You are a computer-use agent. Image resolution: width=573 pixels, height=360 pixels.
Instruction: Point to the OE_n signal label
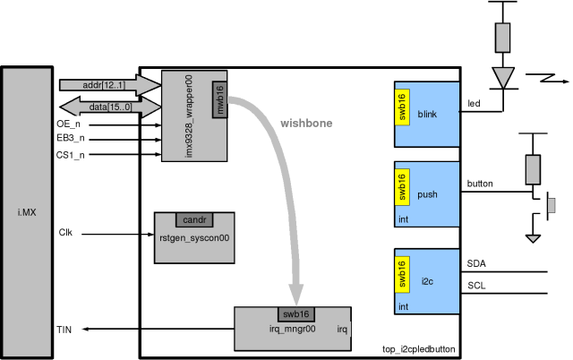(x=69, y=124)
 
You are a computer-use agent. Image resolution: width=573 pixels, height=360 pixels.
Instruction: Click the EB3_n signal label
(x=71, y=140)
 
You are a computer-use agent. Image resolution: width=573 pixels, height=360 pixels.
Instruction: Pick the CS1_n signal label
(x=71, y=155)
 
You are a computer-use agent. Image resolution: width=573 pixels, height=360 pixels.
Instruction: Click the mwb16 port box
(x=219, y=99)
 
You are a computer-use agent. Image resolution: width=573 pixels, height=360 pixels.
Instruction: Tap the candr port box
(x=194, y=219)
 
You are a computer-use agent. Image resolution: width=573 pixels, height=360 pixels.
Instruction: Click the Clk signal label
(x=65, y=233)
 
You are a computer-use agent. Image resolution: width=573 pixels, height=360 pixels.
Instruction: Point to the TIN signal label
(x=65, y=330)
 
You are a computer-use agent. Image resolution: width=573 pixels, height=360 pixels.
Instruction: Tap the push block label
(x=427, y=194)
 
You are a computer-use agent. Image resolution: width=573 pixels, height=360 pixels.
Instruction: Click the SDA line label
(x=477, y=263)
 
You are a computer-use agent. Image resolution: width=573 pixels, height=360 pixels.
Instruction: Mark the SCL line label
(x=477, y=286)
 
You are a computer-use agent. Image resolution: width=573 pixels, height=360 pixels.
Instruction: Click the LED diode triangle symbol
(x=503, y=75)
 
